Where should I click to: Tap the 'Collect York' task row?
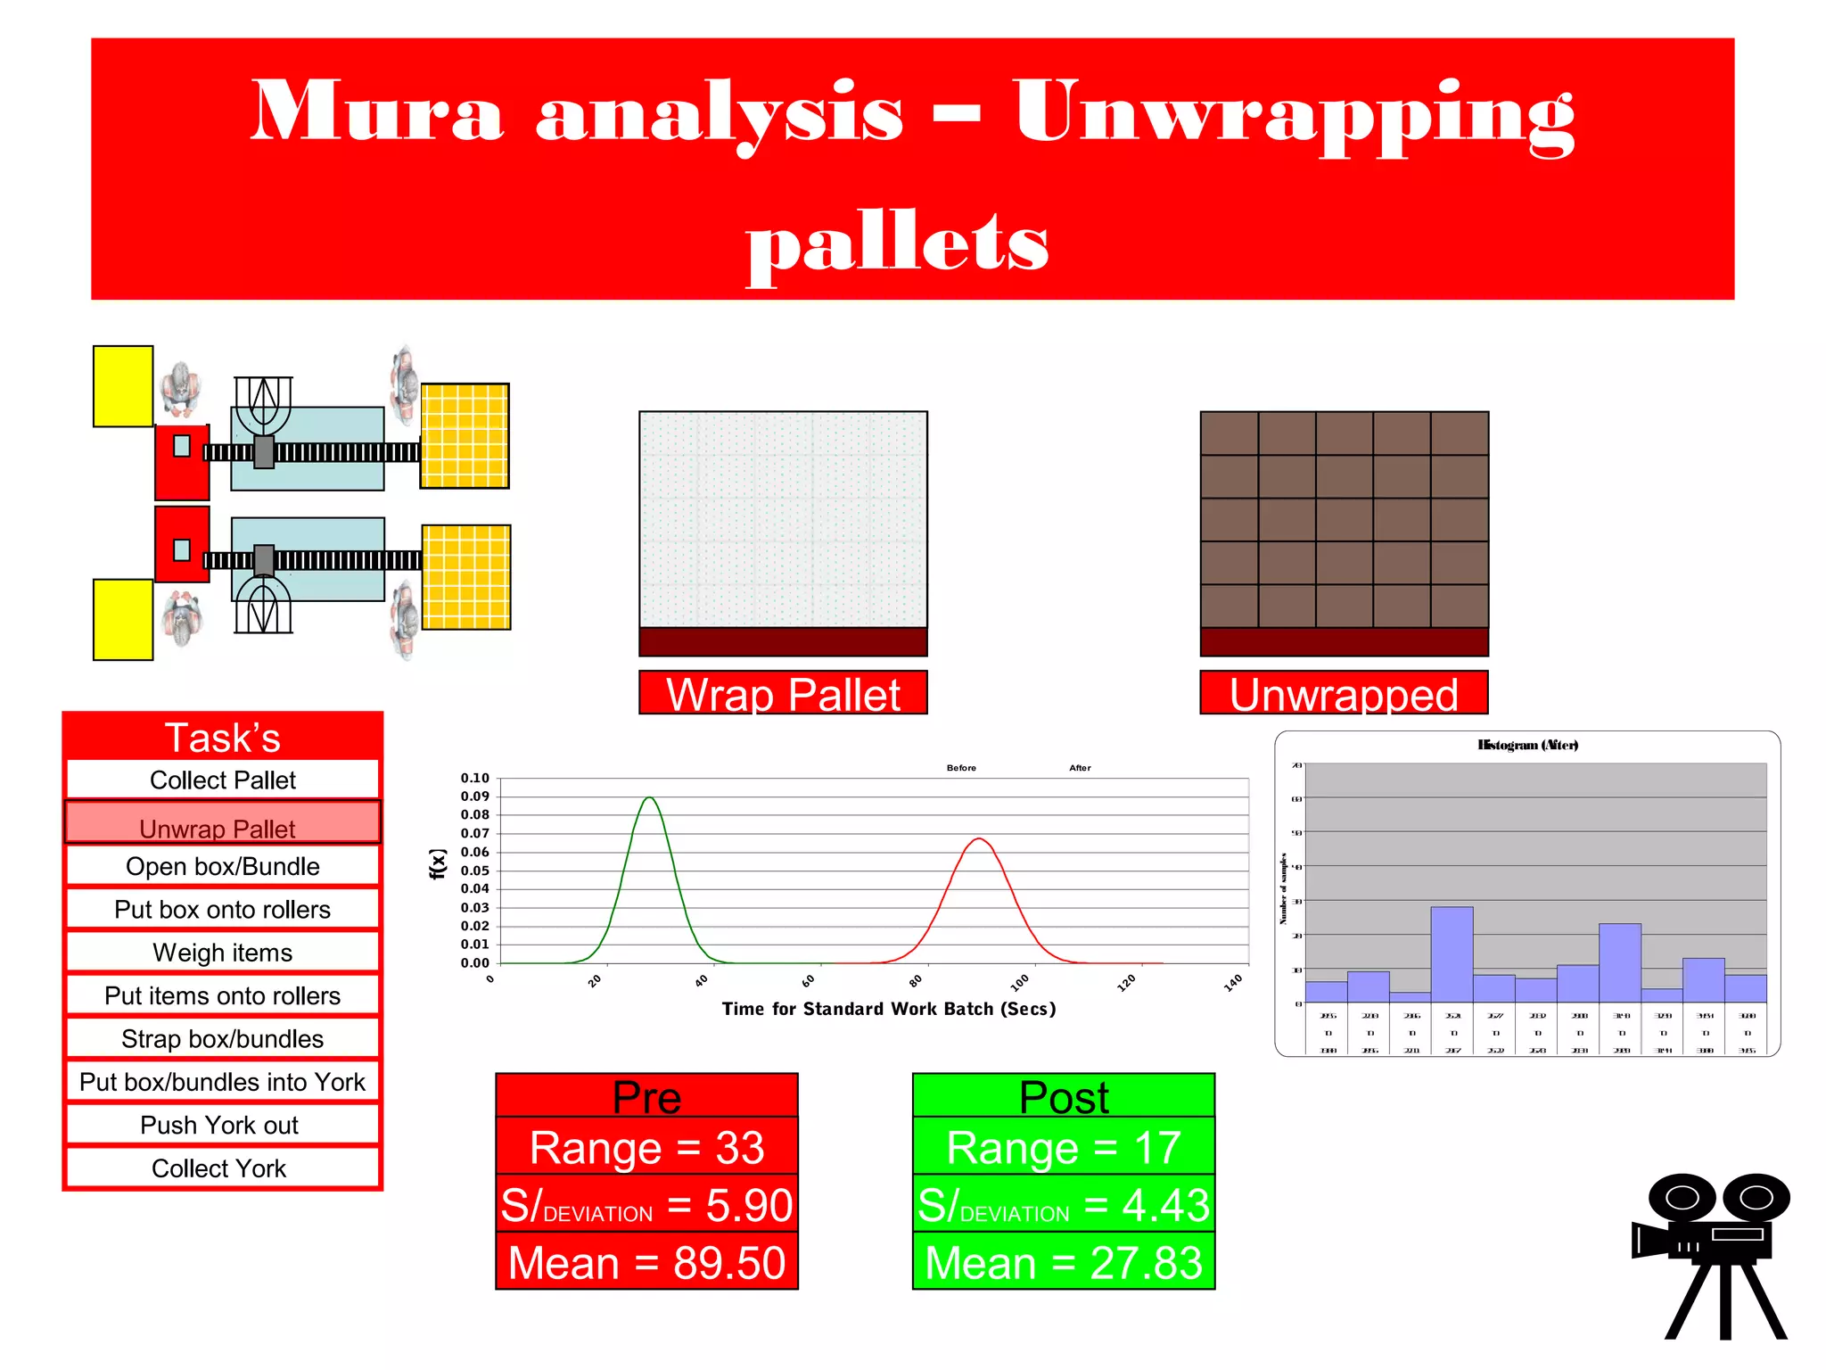222,1168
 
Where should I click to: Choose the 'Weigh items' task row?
222,953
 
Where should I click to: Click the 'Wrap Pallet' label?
783,694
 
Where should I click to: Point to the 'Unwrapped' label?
1344,694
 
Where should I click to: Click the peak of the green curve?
650,798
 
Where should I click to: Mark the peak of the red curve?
979,839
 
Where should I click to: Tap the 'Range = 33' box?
646,1147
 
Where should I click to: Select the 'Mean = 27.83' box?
1064,1262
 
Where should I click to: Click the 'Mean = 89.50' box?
646,1262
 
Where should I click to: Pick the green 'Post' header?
1064,1096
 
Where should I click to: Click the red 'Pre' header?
646,1096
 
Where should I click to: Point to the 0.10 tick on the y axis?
475,778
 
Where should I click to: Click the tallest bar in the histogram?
1452,954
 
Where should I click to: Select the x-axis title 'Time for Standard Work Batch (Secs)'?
889,1009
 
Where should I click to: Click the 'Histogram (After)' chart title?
1527,745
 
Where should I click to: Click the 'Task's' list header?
222,738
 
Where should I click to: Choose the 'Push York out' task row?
222,1126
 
